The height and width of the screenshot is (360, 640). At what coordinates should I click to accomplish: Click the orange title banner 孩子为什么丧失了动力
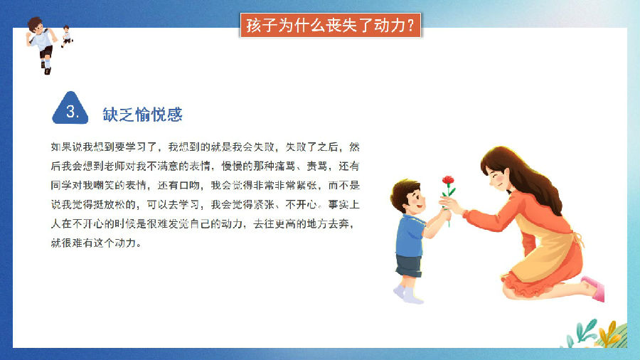tap(330, 26)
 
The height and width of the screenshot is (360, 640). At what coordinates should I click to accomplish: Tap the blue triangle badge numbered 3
tap(70, 109)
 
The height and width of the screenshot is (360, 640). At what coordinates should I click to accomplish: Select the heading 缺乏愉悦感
tap(142, 115)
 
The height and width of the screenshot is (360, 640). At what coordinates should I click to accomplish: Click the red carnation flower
tap(448, 181)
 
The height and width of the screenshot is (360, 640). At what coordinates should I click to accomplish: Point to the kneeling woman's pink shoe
tap(594, 288)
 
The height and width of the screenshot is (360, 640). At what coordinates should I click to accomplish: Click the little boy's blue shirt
tap(410, 236)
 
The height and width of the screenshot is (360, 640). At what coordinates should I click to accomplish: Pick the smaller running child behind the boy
tap(66, 36)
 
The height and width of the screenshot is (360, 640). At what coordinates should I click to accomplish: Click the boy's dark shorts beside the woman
tap(409, 265)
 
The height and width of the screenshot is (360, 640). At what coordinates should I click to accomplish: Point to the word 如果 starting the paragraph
tap(61, 147)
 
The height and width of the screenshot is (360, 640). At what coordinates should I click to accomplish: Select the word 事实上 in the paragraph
tap(343, 204)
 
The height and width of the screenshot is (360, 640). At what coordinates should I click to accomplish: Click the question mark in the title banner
tap(410, 26)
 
